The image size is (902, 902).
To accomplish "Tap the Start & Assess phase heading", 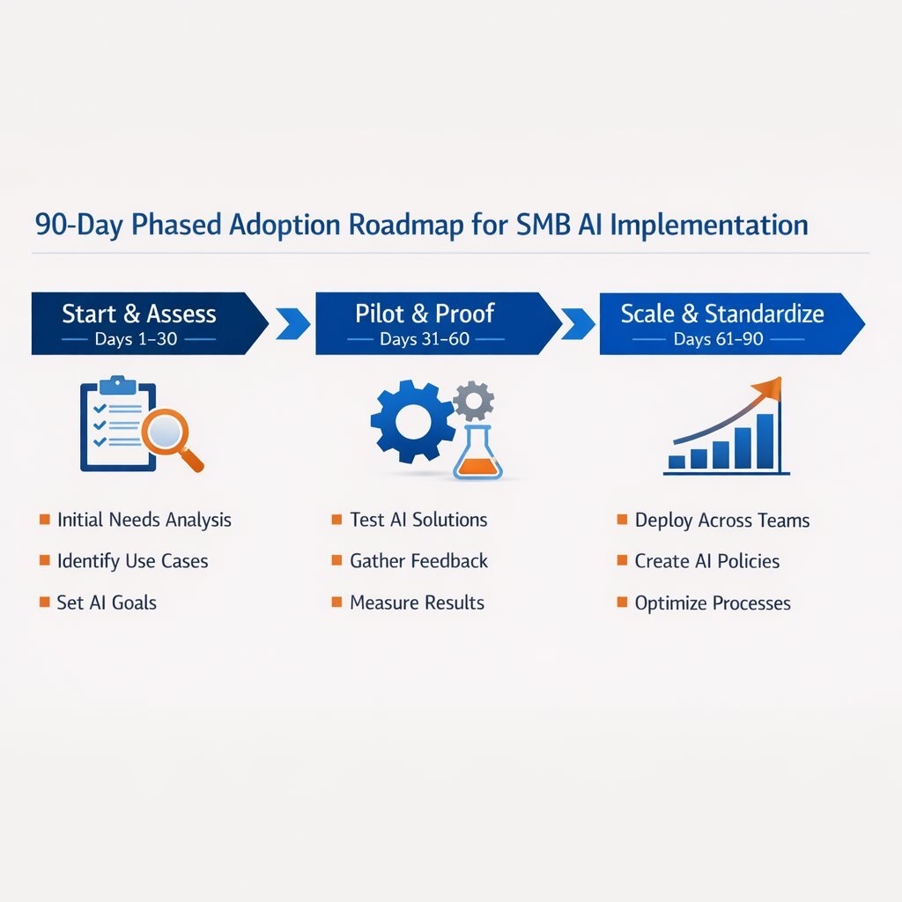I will [139, 314].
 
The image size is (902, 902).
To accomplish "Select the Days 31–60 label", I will [425, 339].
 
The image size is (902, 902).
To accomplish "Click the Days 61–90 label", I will [718, 339].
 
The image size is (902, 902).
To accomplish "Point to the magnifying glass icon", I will [167, 433].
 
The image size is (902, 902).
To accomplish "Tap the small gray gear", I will [473, 401].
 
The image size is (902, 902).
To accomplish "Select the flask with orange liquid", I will [477, 454].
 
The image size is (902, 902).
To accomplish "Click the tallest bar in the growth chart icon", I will [765, 440].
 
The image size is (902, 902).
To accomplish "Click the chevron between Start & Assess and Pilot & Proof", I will [292, 324].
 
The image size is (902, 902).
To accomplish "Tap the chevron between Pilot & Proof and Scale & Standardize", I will [578, 324].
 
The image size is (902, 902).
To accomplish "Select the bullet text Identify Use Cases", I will [132, 561].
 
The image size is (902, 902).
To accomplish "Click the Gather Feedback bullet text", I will [418, 561].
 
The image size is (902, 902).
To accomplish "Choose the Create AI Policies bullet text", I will [707, 561].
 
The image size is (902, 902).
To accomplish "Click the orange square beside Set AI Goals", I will [45, 603].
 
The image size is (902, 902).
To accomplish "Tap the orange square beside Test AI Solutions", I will [336, 520].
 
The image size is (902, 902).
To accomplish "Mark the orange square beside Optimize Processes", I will [622, 603].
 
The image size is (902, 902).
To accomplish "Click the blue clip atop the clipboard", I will [116, 385].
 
